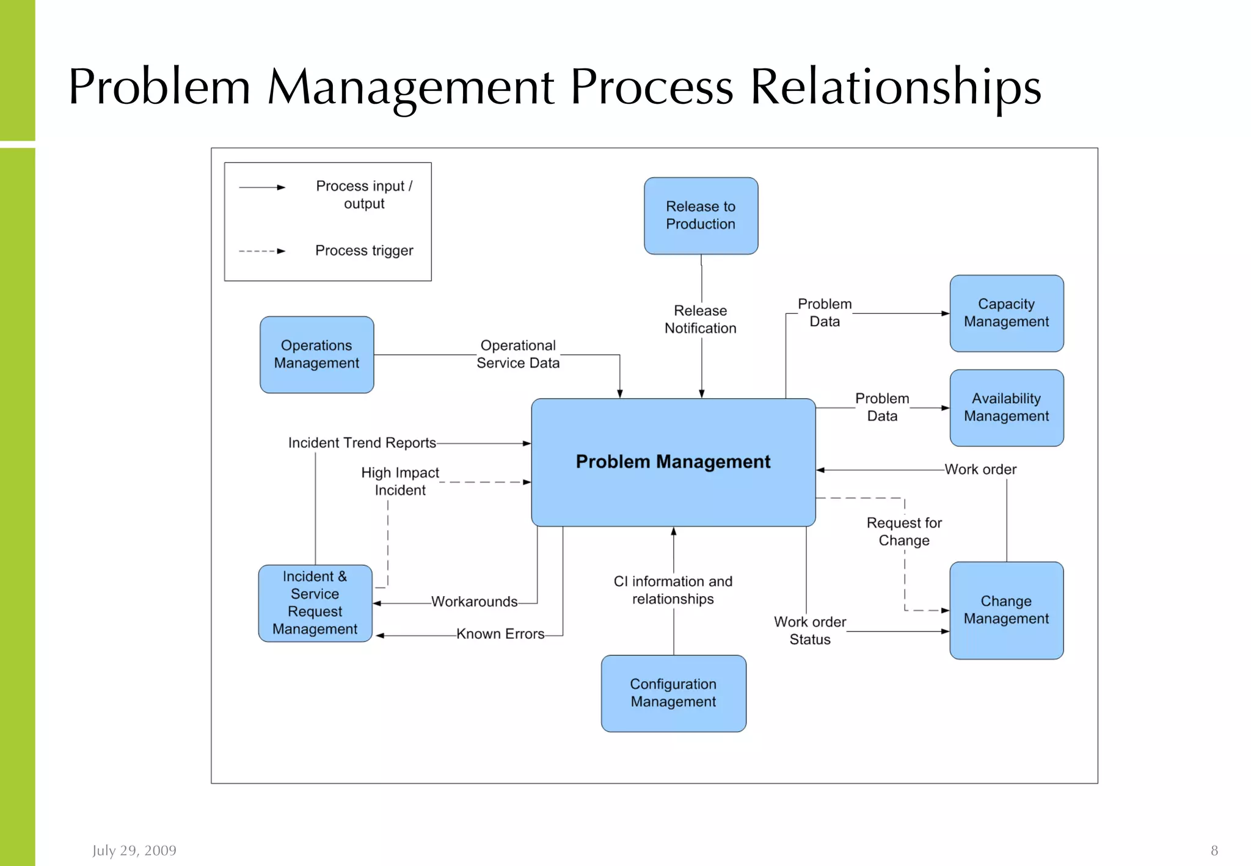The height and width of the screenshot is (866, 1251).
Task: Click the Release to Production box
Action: click(x=701, y=216)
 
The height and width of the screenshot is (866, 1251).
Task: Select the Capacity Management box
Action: click(x=1006, y=313)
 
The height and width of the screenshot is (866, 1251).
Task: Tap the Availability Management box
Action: click(x=1006, y=407)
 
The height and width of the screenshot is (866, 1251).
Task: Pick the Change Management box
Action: click(x=1006, y=609)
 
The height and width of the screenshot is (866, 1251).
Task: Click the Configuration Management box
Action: click(x=673, y=693)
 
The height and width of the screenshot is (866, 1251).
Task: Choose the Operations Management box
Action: click(x=316, y=354)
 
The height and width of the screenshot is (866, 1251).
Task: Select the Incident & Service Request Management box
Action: click(x=315, y=603)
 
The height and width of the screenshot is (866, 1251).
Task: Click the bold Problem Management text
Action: click(x=673, y=462)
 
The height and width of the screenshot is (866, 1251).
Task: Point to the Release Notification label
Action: click(x=701, y=319)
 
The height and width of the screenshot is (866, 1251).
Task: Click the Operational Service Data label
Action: click(x=518, y=354)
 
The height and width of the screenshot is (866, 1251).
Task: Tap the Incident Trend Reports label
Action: click(x=362, y=443)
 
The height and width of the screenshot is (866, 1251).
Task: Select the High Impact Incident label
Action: click(x=400, y=481)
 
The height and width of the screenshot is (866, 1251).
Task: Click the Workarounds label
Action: click(x=475, y=602)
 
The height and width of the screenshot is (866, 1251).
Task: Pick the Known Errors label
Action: click(x=500, y=634)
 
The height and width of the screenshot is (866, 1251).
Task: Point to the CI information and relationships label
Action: click(x=673, y=590)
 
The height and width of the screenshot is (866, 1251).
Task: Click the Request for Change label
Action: click(x=904, y=531)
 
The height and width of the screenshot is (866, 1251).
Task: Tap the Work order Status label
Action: click(x=810, y=630)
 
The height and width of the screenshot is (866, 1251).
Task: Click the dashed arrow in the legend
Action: click(x=262, y=251)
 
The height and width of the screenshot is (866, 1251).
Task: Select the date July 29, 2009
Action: click(x=134, y=850)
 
